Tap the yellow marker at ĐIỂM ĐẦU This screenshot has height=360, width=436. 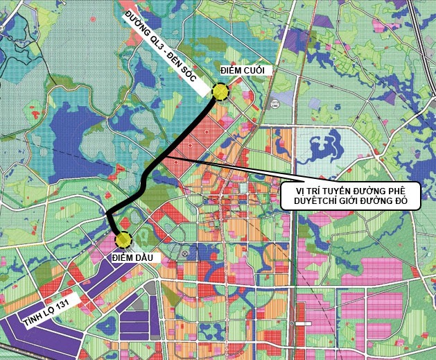pyautogui.click(x=123, y=240)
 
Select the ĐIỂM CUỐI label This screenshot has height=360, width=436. pyautogui.click(x=243, y=71)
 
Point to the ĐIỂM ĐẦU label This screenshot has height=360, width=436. pyautogui.click(x=136, y=258)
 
